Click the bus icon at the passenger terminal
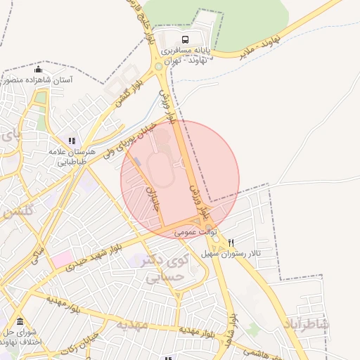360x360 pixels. coord(185,40)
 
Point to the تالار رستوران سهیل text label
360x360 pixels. coord(231,252)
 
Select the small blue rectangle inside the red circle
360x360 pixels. coord(138,162)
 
